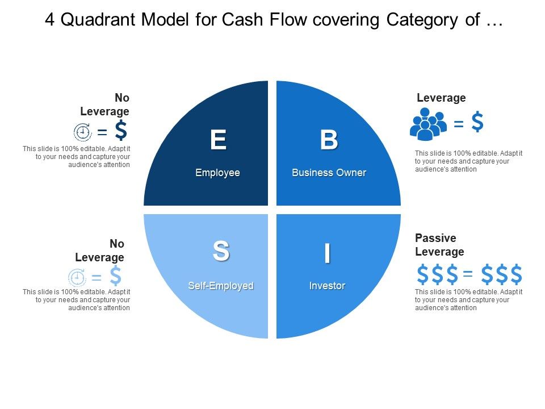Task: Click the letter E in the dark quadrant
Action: pyautogui.click(x=218, y=140)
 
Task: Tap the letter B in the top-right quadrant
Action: pyautogui.click(x=329, y=140)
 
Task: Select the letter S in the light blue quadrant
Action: pyautogui.click(x=221, y=251)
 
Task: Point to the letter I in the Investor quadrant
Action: pyautogui.click(x=327, y=253)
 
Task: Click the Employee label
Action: pyautogui.click(x=217, y=173)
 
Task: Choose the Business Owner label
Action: pyautogui.click(x=329, y=173)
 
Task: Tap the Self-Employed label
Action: pyautogui.click(x=221, y=286)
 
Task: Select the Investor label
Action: pyautogui.click(x=327, y=286)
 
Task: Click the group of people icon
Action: pyautogui.click(x=428, y=125)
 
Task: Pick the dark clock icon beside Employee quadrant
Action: pyautogui.click(x=83, y=132)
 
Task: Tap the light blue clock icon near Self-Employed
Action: pyautogui.click(x=77, y=278)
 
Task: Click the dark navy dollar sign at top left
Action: pyautogui.click(x=120, y=130)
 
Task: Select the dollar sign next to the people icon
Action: pyautogui.click(x=478, y=123)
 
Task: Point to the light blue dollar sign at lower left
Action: pyautogui.click(x=115, y=276)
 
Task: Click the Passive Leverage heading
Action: pyautogui.click(x=439, y=245)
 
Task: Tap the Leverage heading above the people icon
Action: pyautogui.click(x=441, y=98)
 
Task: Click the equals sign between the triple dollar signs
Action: pyautogui.click(x=468, y=275)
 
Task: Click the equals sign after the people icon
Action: pyautogui.click(x=459, y=123)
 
